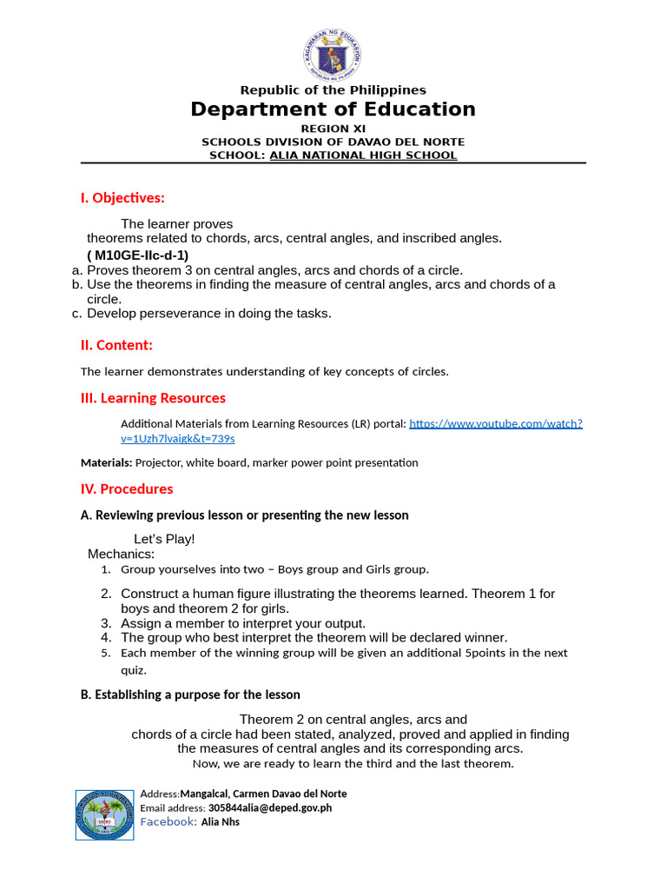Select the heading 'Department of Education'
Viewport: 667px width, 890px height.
pos(333,110)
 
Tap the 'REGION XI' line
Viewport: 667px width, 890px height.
pos(333,129)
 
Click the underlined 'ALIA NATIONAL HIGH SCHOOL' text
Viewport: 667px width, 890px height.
pos(363,156)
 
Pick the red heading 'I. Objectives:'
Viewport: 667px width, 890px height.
pos(122,198)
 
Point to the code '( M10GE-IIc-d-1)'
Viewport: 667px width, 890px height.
pos(137,255)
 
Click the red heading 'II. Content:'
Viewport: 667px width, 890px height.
pos(116,345)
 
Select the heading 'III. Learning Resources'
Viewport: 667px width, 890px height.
pos(153,398)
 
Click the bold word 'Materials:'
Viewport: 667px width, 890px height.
pos(107,462)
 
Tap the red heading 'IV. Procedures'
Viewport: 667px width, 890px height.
pos(127,488)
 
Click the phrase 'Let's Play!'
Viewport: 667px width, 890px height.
pos(164,539)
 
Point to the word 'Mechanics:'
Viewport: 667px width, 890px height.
pos(122,554)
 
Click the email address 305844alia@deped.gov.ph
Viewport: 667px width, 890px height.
pos(269,807)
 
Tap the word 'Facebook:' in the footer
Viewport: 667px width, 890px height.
pos(168,821)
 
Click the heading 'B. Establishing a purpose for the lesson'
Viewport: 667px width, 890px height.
pos(190,694)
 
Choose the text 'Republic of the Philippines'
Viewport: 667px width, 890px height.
pos(333,90)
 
